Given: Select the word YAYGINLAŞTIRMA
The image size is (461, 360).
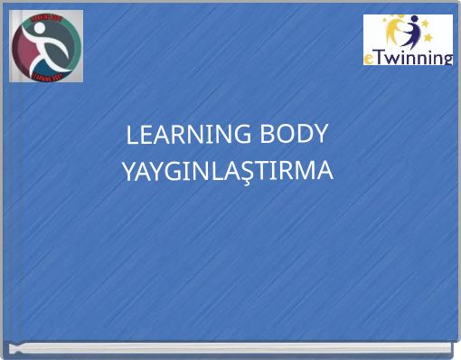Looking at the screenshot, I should [228, 170].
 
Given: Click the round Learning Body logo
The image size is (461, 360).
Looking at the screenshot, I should [46, 46].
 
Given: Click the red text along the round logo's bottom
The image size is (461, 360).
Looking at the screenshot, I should [46, 77].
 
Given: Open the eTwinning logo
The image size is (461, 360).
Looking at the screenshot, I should [409, 41].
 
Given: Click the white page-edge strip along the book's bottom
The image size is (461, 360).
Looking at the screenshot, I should [230, 346].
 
